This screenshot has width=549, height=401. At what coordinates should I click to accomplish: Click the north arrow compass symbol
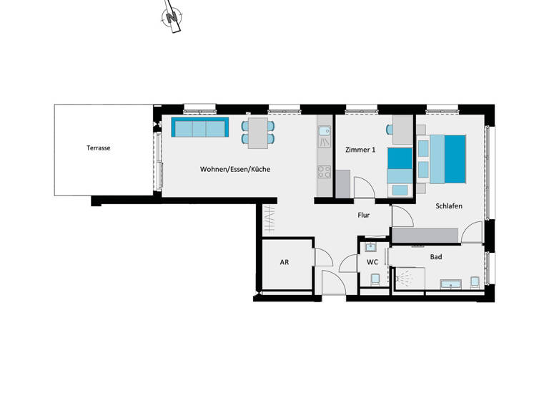tap(170, 20)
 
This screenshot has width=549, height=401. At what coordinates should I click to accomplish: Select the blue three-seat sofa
tap(199, 129)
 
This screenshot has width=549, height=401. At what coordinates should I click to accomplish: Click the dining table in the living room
tap(258, 132)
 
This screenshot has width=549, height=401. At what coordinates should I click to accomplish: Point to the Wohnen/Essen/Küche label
tap(234, 169)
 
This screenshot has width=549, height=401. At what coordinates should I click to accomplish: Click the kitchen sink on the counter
tap(325, 132)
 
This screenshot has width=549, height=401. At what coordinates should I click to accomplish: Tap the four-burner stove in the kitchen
tap(325, 172)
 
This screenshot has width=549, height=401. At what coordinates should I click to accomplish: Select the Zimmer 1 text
tap(360, 150)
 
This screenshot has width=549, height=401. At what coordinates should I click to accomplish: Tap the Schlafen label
tap(449, 206)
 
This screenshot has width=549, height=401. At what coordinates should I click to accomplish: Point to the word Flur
tap(364, 214)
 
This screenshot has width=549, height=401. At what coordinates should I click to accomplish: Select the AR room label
tap(284, 262)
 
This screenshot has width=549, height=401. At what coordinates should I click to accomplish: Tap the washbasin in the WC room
tap(370, 248)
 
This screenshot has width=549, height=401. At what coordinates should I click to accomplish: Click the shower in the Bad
tap(406, 278)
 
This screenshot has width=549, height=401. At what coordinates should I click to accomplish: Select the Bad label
tap(435, 256)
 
